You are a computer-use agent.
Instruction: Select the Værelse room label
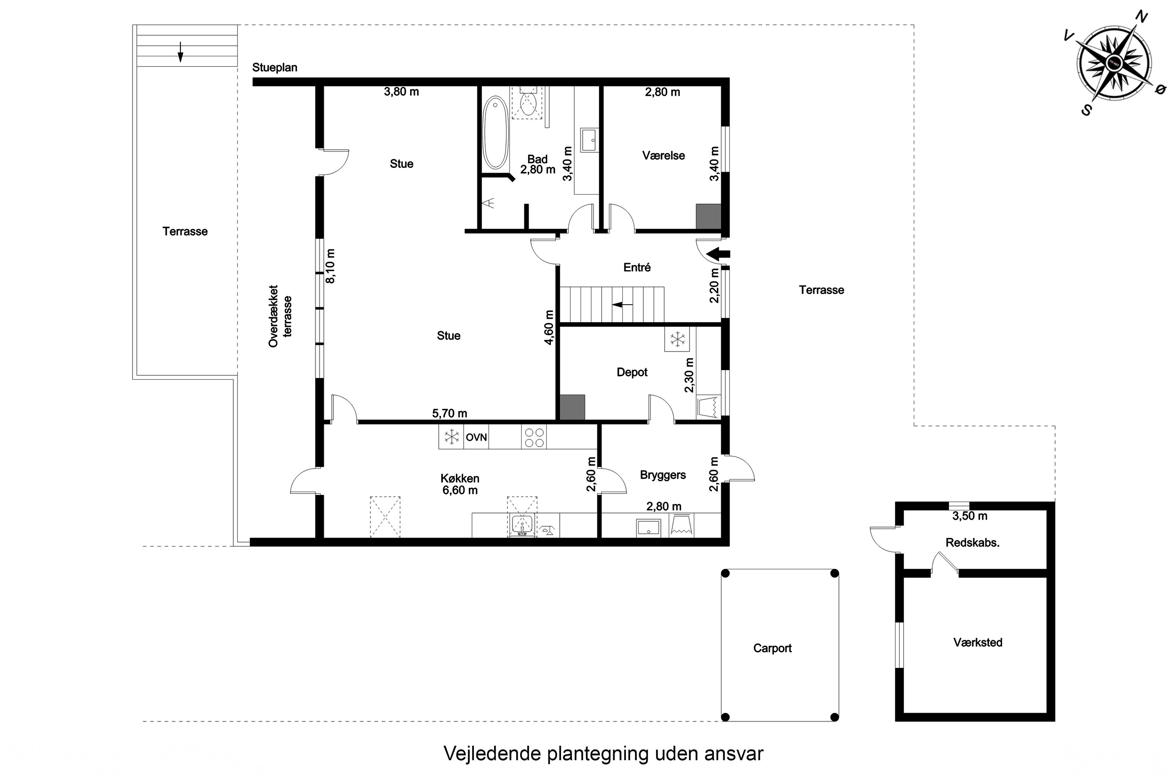point(663,156)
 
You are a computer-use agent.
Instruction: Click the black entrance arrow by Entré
point(718,254)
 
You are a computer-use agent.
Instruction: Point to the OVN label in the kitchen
point(476,437)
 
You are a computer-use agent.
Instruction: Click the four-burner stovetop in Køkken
point(534,437)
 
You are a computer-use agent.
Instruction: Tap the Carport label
point(772,648)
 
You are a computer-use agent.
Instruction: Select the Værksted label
point(978,642)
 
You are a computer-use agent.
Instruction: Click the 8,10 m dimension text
point(331,266)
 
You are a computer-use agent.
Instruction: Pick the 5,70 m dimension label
point(450,414)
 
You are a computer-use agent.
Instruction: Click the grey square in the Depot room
point(572,407)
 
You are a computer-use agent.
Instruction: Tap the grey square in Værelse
point(708,216)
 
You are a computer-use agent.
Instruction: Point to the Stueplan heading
point(275,68)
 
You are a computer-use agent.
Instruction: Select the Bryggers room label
point(663,475)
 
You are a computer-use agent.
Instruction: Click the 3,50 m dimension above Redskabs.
point(970,516)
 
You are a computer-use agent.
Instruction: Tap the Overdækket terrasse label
point(280,316)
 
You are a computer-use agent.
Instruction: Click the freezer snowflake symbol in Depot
point(677,339)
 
